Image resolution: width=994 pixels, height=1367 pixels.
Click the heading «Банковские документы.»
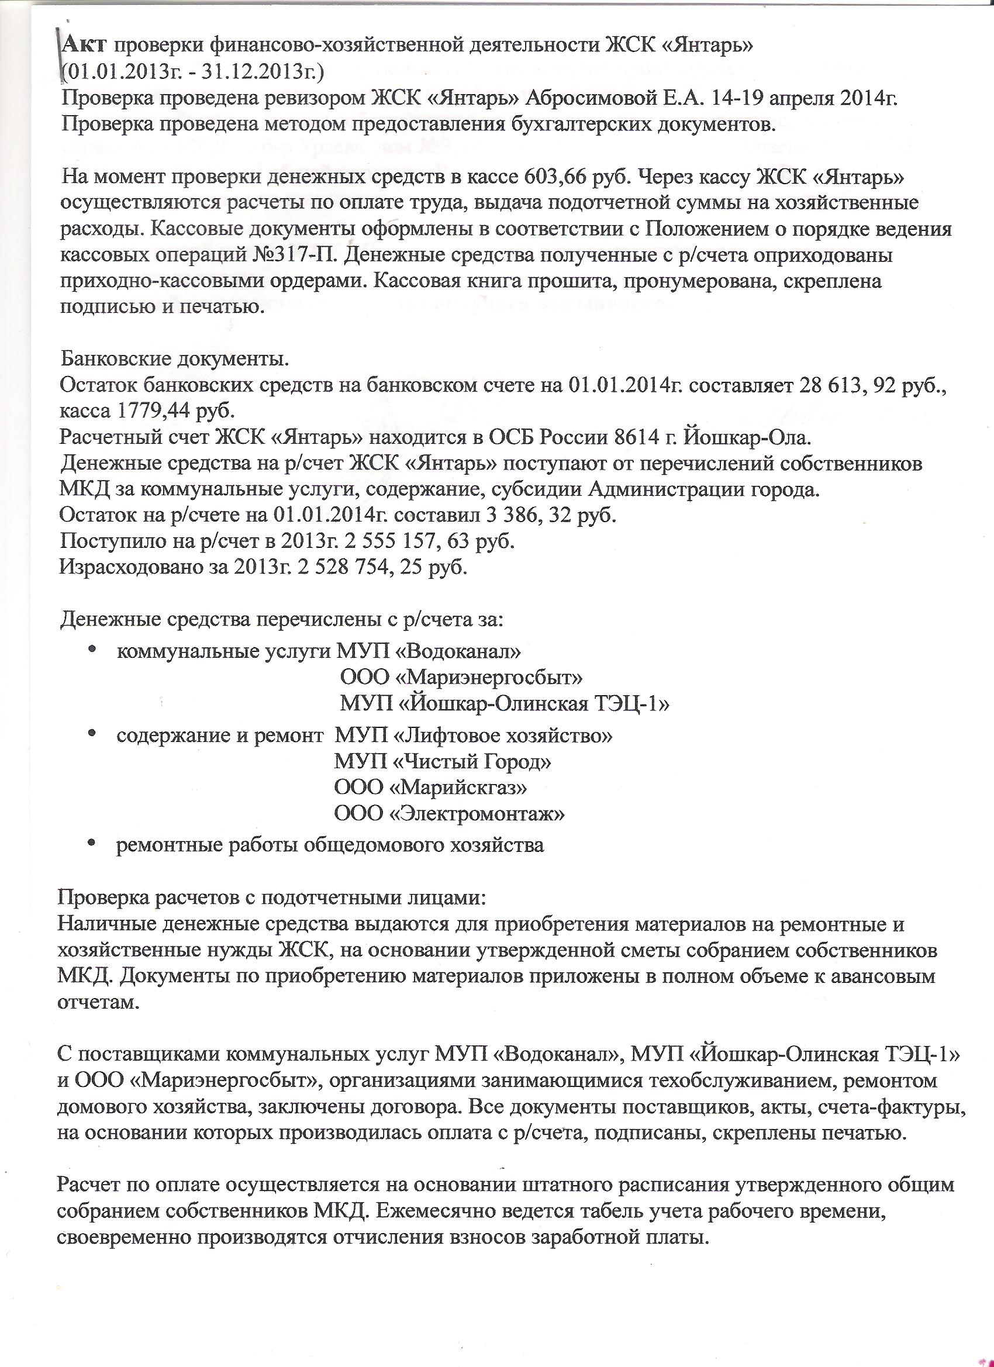(x=175, y=360)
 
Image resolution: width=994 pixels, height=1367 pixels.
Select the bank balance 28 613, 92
(x=850, y=386)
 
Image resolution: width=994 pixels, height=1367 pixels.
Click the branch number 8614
(x=638, y=437)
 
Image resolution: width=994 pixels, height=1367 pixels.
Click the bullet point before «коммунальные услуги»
(x=92, y=650)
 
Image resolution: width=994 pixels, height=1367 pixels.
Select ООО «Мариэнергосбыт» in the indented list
(x=461, y=677)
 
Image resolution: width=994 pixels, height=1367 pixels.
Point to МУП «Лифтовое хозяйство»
(x=474, y=736)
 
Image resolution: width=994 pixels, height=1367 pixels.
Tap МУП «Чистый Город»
(x=443, y=762)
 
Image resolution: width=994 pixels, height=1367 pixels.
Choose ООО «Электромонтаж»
(x=450, y=814)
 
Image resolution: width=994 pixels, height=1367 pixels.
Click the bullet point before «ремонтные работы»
(x=92, y=842)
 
